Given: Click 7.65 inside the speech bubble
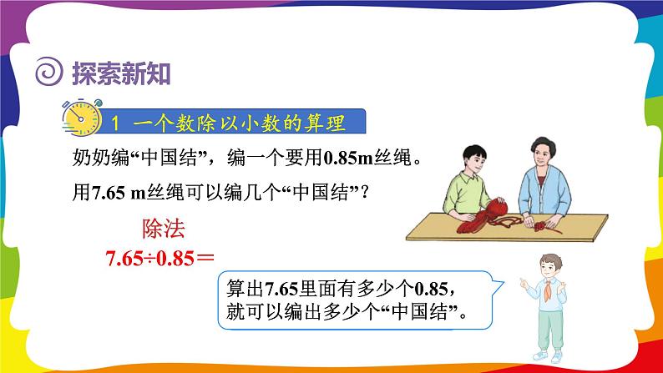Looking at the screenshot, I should [x=281, y=290].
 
